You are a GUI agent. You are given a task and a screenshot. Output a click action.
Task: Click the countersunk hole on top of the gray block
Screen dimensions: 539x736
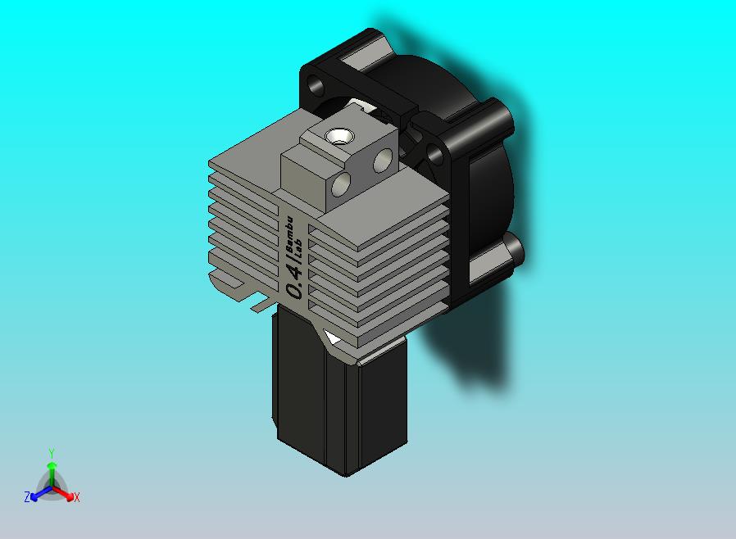click(x=336, y=136)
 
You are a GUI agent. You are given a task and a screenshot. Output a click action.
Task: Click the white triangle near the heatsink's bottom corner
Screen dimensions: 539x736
click(x=332, y=338)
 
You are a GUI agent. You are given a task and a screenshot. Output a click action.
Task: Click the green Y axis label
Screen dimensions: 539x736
click(x=52, y=453)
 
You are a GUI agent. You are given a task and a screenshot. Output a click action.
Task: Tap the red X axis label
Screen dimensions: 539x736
click(x=76, y=497)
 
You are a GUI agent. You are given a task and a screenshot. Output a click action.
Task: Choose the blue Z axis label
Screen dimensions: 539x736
click(x=27, y=497)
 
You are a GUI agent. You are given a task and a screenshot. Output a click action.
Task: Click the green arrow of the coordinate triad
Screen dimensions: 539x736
click(x=52, y=469)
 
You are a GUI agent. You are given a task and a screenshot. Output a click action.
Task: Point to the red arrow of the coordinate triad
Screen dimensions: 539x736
click(x=66, y=494)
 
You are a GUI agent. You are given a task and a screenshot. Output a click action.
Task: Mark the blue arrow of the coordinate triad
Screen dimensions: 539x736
click(x=37, y=494)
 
